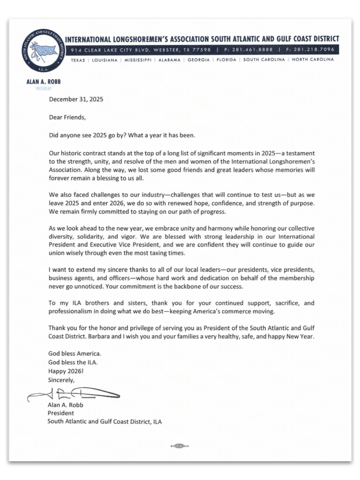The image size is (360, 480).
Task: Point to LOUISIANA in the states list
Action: [x=105, y=60]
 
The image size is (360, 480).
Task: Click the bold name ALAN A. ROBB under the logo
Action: [x=44, y=82]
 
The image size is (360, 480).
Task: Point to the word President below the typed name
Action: [x=60, y=413]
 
